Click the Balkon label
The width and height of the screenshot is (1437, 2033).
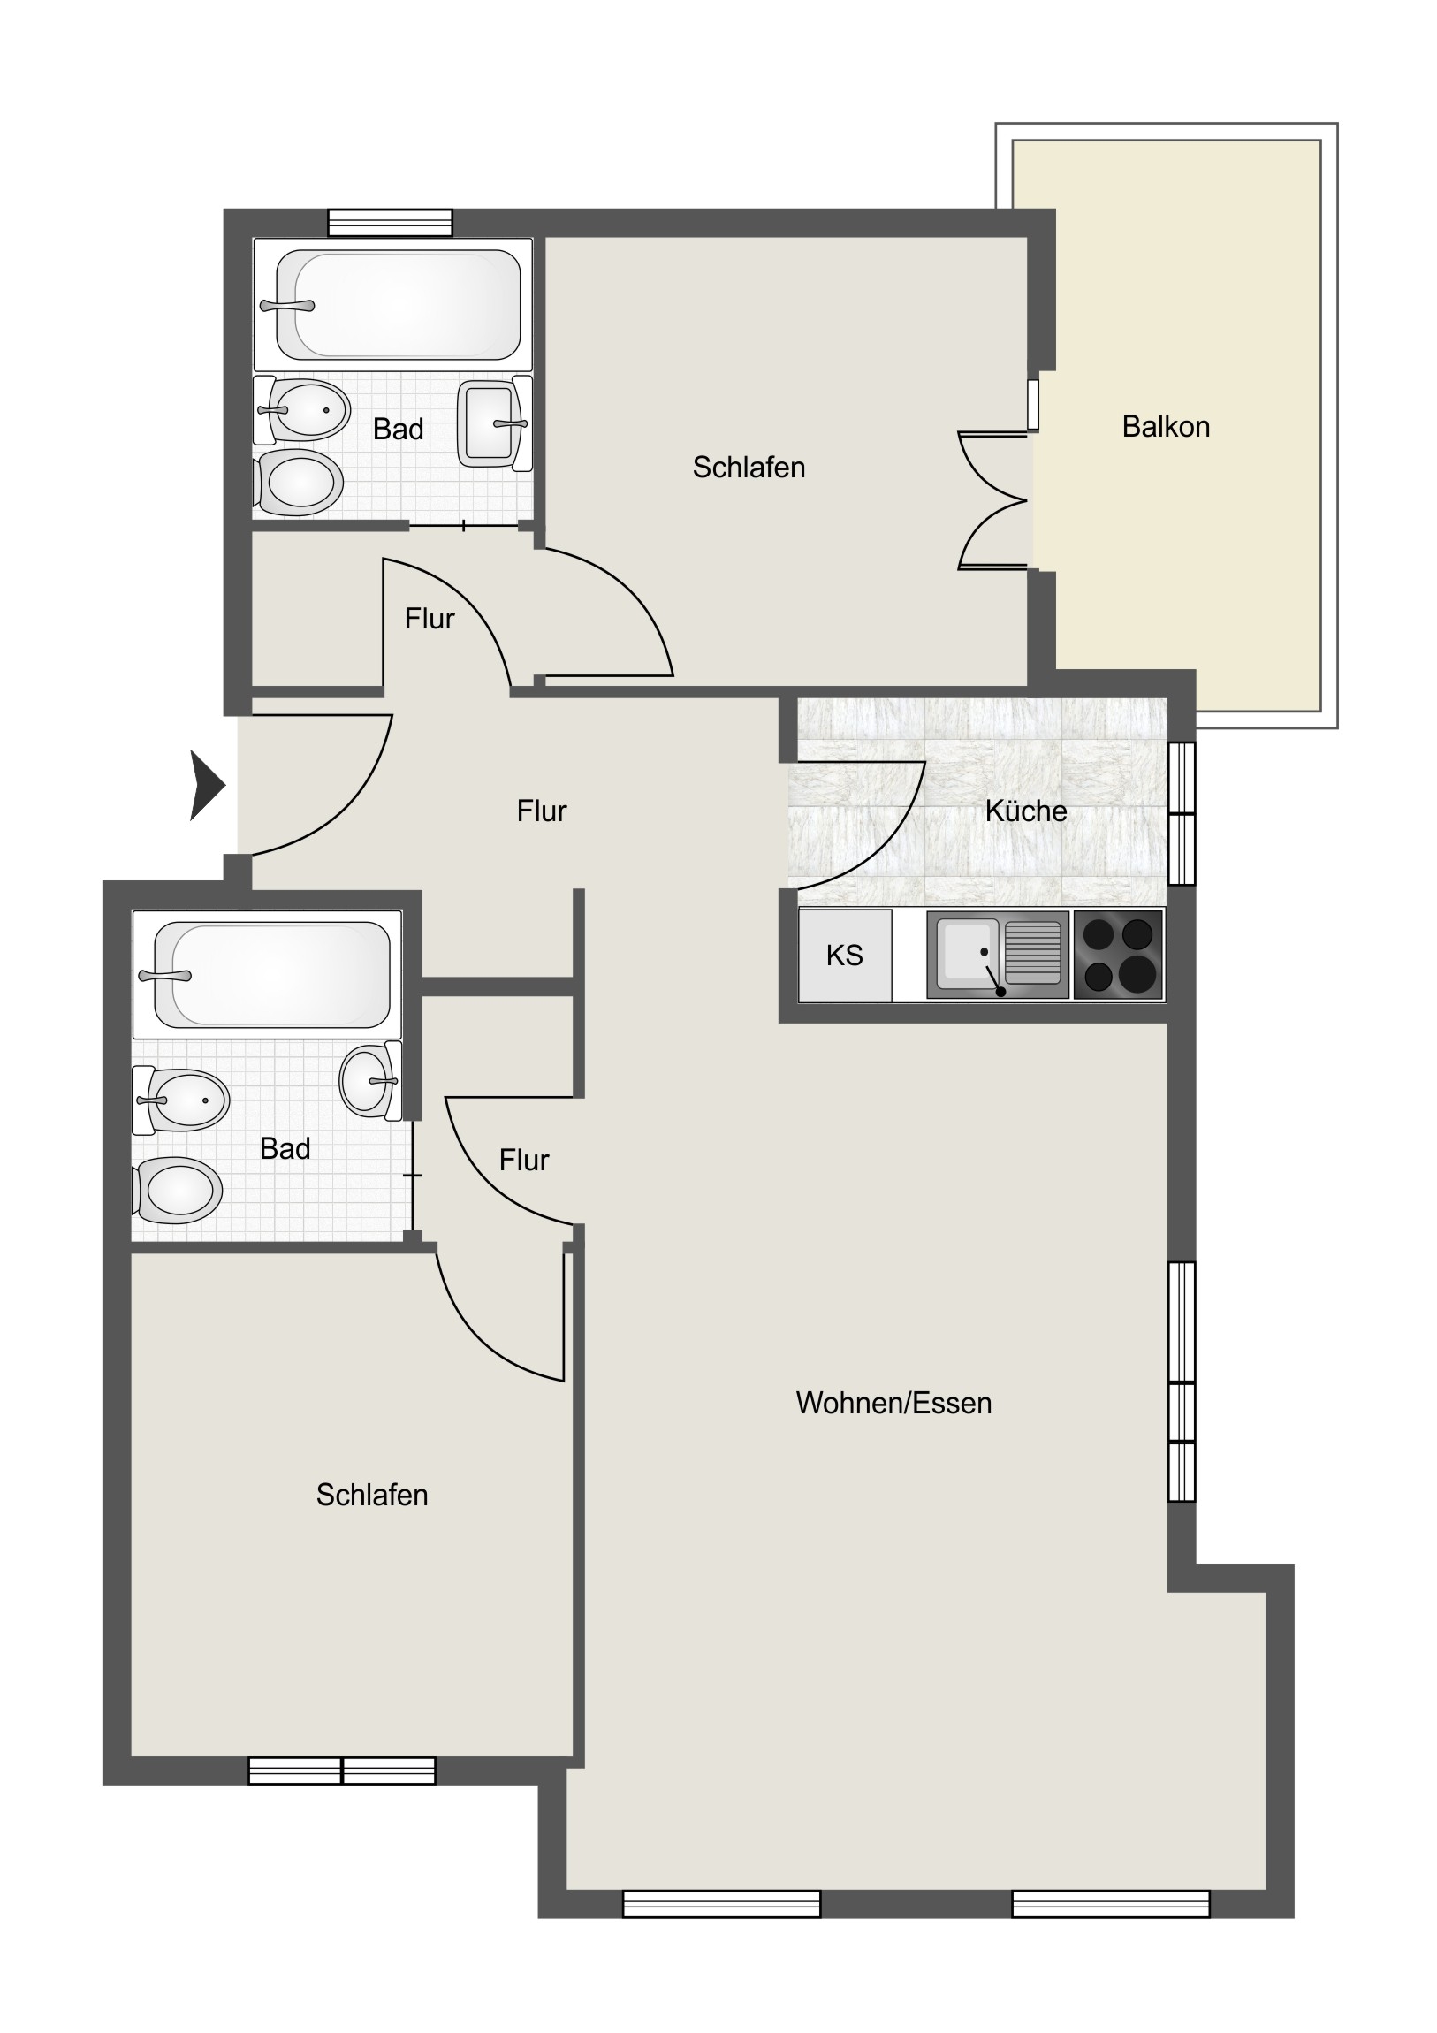(x=1165, y=427)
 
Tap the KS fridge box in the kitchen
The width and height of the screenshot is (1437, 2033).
(x=845, y=956)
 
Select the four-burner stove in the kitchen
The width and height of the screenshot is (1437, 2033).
(x=1118, y=956)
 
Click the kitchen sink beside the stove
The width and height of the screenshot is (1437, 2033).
(x=998, y=956)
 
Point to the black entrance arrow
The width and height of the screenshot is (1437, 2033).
(x=208, y=785)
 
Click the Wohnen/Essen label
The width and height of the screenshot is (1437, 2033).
(x=893, y=1404)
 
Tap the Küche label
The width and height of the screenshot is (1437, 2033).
(x=1025, y=811)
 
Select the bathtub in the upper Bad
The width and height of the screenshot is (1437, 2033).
(x=393, y=305)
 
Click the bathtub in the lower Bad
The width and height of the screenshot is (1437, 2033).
(x=267, y=974)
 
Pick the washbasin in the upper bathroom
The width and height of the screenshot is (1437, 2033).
(x=493, y=423)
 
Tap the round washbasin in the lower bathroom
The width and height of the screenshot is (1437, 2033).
(x=369, y=1080)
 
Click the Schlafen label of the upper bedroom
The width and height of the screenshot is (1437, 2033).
(x=749, y=468)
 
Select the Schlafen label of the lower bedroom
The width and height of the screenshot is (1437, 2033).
(x=372, y=1496)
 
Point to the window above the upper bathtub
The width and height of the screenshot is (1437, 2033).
(x=390, y=222)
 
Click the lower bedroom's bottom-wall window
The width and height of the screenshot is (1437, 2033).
(x=342, y=1770)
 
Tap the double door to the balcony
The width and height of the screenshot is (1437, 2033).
(x=993, y=500)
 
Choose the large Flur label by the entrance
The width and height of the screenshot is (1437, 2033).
(x=541, y=811)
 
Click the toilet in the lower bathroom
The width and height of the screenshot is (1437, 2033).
(x=177, y=1191)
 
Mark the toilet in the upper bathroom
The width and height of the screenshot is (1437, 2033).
(x=298, y=483)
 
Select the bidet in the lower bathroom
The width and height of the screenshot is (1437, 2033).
(x=181, y=1100)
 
